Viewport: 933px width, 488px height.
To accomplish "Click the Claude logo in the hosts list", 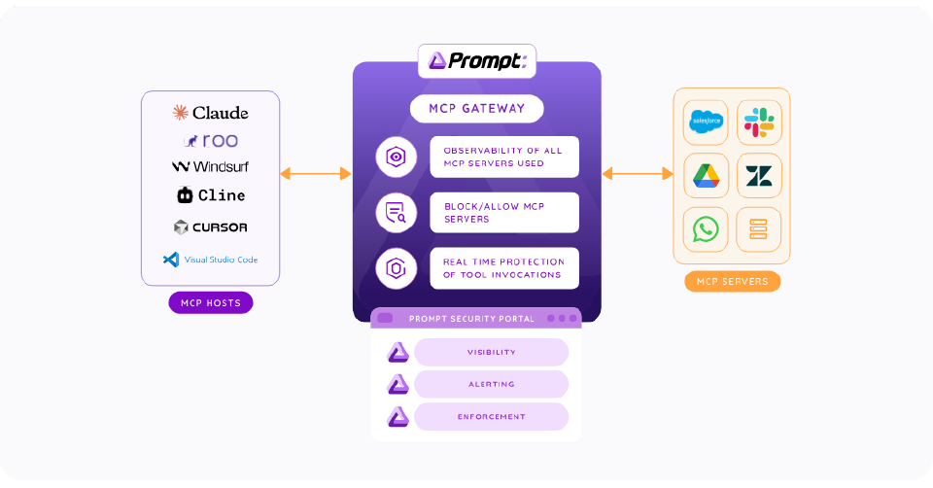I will pos(210,113).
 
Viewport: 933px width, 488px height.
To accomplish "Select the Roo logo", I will pos(210,141).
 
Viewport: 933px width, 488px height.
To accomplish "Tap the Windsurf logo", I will pos(210,167).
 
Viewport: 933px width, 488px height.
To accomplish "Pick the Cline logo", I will pos(210,195).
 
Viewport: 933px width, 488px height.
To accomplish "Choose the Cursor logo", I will pos(210,227).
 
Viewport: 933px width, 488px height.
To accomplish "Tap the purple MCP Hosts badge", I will pos(210,303).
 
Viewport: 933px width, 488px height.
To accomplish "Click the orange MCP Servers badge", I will pos(732,282).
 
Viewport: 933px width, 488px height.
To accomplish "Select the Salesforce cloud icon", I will pos(706,122).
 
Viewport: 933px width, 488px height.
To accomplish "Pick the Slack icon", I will pos(759,122).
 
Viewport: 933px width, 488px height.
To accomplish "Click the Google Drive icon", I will pos(706,176).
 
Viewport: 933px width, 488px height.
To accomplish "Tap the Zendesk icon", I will pos(759,176).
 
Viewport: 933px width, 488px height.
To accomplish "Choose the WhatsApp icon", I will pos(706,229).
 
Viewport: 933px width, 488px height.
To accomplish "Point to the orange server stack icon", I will pos(759,229).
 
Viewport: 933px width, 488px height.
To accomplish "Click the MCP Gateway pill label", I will pos(476,108).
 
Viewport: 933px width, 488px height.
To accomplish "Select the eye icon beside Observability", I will pos(396,157).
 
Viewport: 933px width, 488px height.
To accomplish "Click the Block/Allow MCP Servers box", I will pos(504,213).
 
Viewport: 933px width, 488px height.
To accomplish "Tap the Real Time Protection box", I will pos(504,268).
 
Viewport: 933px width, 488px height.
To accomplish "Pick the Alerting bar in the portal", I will pos(491,385).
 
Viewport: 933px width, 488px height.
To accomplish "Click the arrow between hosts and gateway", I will pos(316,174).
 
